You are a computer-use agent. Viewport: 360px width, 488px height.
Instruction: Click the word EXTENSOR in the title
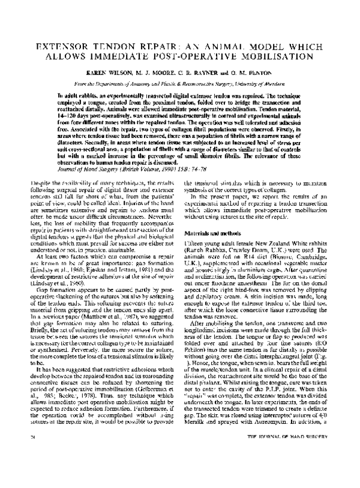coord(62,46)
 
